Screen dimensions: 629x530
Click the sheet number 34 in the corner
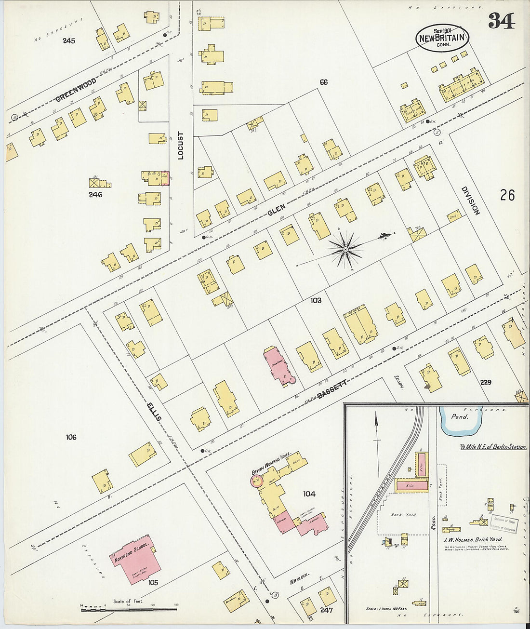click(501, 21)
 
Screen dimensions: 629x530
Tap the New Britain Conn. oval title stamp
click(442, 38)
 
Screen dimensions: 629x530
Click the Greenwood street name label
click(76, 90)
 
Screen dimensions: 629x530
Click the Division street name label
click(471, 201)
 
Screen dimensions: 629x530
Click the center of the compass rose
click(345, 249)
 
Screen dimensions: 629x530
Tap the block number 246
click(95, 195)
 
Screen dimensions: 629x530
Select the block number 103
click(316, 300)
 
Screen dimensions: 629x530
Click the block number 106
click(71, 437)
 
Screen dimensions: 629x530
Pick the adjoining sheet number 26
click(507, 195)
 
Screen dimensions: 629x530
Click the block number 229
click(485, 382)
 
